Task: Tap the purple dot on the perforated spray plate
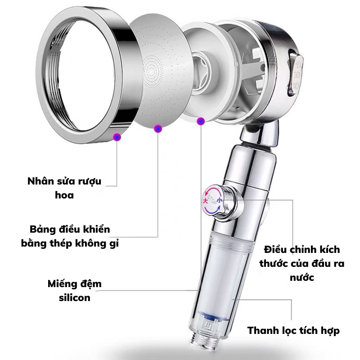157,129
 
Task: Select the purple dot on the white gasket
201,121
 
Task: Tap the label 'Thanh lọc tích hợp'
293,331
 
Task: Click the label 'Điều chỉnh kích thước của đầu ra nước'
302,263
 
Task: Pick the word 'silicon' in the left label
75,297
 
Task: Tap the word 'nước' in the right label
302,278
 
